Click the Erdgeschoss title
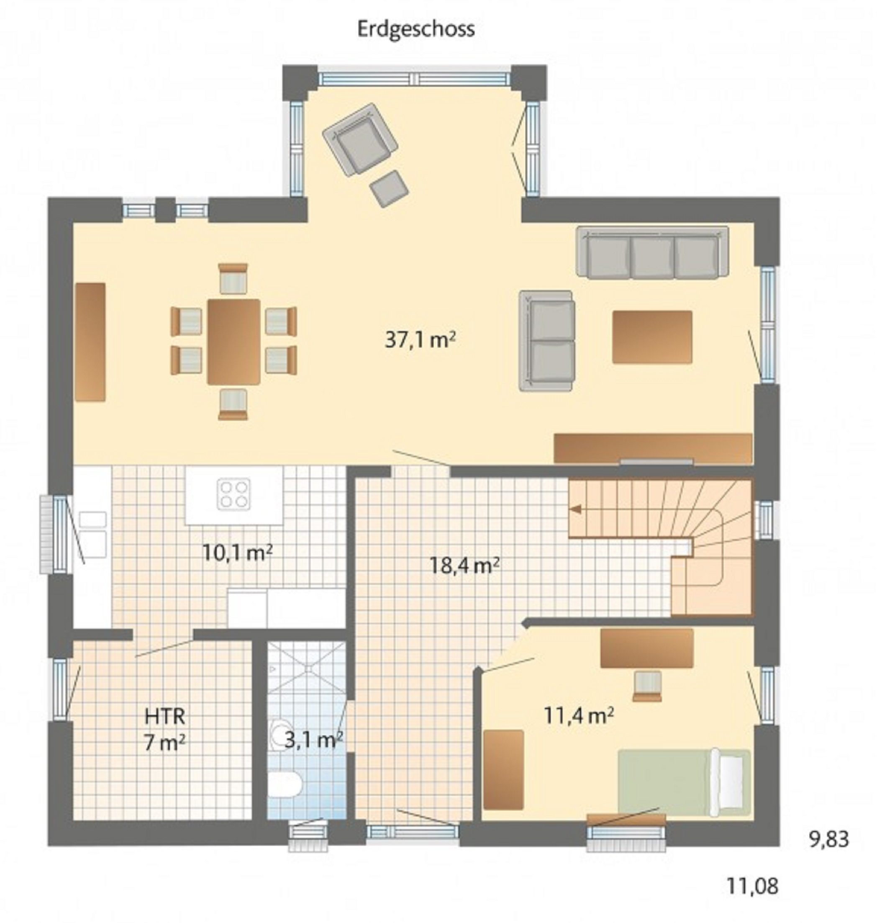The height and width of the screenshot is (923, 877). pyautogui.click(x=416, y=29)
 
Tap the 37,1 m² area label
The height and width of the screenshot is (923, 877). pyautogui.click(x=420, y=340)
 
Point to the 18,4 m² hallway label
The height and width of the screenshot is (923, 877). pyautogui.click(x=464, y=566)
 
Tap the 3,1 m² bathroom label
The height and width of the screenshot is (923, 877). pyautogui.click(x=314, y=740)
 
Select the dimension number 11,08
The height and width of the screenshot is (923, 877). pyautogui.click(x=753, y=886)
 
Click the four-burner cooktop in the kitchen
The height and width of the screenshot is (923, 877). pyautogui.click(x=234, y=494)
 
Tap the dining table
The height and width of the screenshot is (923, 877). pyautogui.click(x=234, y=342)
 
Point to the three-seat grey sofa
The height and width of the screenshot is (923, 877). pyautogui.click(x=653, y=252)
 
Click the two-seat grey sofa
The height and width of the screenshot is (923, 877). pyautogui.click(x=546, y=340)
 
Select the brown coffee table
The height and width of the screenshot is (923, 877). pyautogui.click(x=652, y=337)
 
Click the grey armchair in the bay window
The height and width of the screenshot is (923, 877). pyautogui.click(x=360, y=139)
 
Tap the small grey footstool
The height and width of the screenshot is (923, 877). pyautogui.click(x=389, y=188)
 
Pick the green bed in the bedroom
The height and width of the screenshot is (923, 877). pyautogui.click(x=685, y=783)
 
